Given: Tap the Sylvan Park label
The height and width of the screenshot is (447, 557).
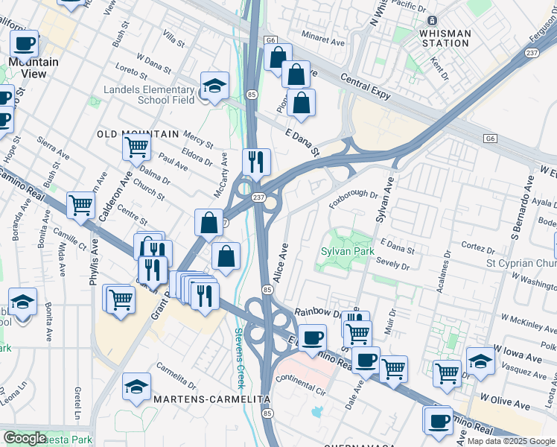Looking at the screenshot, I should point(346,252).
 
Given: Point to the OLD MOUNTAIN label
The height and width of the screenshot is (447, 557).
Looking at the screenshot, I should point(139,134).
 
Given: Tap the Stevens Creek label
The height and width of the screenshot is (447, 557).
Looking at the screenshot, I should point(240,358).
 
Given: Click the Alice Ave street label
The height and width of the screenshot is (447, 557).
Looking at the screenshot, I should point(282,261).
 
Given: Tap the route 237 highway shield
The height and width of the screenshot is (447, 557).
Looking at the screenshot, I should point(258,197).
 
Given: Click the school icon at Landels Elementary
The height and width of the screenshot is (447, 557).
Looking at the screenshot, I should point(214,86).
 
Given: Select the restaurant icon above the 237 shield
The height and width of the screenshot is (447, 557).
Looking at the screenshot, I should point(256,161).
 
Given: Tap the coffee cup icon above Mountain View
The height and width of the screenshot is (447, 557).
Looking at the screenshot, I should point(24,44).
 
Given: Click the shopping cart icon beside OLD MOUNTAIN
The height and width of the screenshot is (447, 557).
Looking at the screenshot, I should point(136,147).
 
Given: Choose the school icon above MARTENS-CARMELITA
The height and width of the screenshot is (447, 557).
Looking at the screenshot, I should point(136,386).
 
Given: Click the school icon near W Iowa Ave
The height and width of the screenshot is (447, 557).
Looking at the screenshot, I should point(480,361).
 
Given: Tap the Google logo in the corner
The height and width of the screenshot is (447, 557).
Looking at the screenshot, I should point(25,438).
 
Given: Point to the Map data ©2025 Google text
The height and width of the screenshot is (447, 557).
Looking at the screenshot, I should point(511,441).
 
